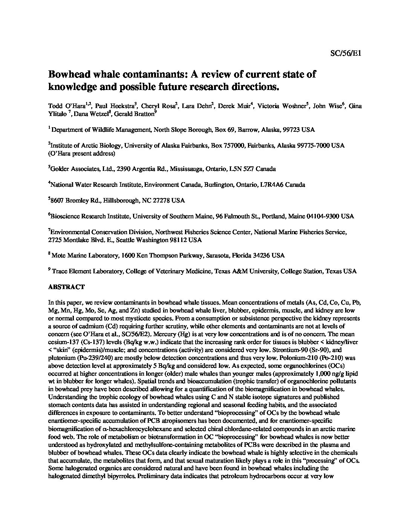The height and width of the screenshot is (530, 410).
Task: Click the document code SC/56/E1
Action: (x=346, y=53)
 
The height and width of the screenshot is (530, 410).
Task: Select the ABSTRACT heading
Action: (x=66, y=287)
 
